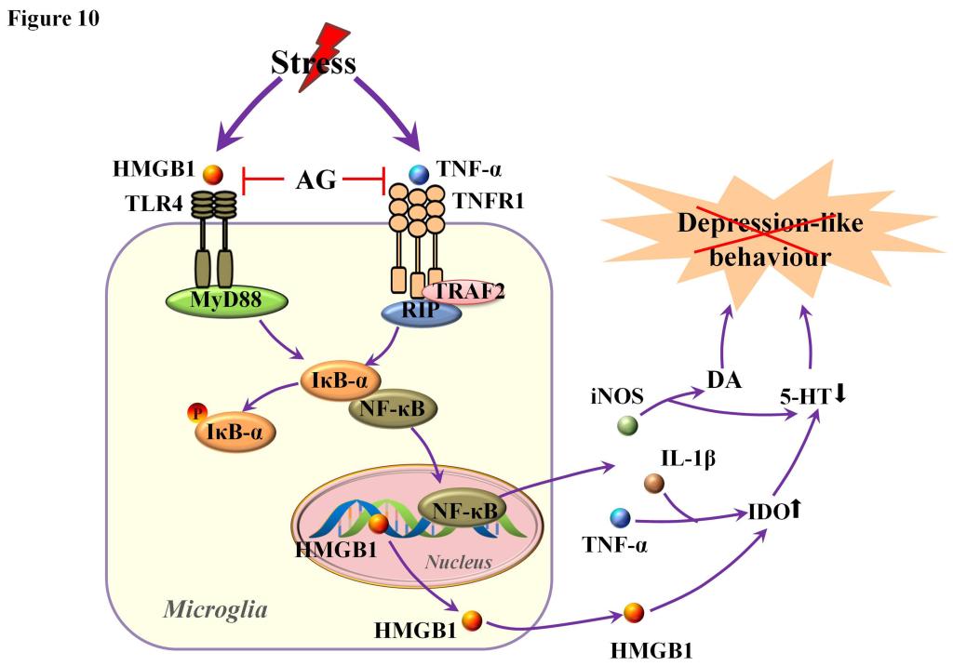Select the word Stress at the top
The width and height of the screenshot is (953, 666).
[314, 63]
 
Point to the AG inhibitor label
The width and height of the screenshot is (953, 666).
[315, 180]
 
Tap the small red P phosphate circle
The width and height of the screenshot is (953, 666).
[195, 413]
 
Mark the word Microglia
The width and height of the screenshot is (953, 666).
[215, 609]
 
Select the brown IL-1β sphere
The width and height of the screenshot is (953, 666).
[654, 483]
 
